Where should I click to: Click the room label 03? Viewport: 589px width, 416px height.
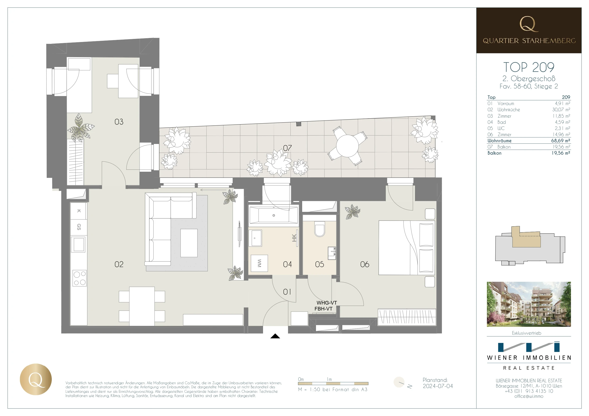[119, 122]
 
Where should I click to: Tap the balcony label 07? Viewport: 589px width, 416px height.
[287, 148]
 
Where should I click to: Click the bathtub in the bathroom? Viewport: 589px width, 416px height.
[273, 215]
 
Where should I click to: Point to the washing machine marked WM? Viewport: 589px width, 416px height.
[259, 263]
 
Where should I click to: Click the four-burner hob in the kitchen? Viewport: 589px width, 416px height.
[80, 278]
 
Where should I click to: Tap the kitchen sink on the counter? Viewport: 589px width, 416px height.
[79, 244]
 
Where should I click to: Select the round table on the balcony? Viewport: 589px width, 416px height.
[347, 146]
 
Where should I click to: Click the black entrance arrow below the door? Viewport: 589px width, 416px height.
[275, 336]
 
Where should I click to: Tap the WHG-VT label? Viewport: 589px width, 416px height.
[327, 303]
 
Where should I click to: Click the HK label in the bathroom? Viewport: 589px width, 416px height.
[294, 238]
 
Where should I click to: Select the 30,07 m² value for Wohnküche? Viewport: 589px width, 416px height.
[561, 110]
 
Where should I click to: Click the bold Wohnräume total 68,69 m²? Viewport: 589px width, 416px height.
[561, 141]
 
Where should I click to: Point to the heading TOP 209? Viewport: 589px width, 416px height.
[529, 67]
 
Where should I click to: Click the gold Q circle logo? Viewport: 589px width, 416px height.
[36, 379]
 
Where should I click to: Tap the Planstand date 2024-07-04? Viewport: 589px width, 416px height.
[438, 386]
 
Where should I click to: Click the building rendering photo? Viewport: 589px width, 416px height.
[529, 304]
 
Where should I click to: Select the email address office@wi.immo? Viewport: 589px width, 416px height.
[529, 396]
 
